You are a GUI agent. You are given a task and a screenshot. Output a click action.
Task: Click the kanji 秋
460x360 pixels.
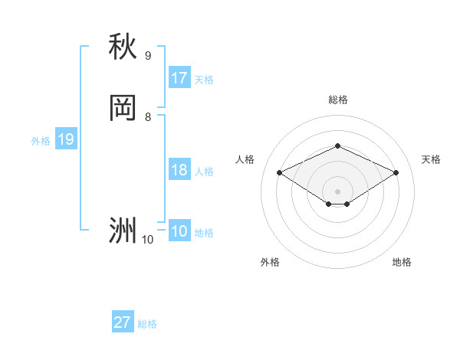click(x=123, y=47)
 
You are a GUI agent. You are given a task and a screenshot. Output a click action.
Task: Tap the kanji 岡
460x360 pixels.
click(x=123, y=108)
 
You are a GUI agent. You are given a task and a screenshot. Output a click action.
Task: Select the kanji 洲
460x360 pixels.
click(x=123, y=230)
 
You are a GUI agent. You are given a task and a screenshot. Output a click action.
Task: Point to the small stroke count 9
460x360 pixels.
click(x=148, y=56)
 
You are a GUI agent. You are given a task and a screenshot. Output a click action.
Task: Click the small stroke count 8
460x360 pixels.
click(x=148, y=117)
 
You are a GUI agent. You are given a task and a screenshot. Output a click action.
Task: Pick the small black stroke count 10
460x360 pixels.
click(x=148, y=240)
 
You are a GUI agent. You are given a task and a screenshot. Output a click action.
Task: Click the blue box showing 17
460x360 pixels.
click(x=179, y=78)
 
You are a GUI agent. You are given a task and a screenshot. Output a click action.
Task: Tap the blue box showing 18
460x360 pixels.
click(x=179, y=170)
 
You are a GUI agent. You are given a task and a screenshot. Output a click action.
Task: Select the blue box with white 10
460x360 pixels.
click(x=179, y=231)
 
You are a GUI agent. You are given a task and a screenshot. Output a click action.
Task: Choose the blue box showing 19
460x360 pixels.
click(x=66, y=139)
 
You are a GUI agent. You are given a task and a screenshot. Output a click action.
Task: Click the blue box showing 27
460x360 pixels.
click(x=123, y=322)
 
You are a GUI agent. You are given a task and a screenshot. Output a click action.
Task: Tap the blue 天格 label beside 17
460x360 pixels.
click(x=204, y=79)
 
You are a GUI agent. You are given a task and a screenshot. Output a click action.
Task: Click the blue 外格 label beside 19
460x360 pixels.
click(x=41, y=140)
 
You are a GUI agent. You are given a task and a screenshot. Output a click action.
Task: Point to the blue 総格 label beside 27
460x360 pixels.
click(x=147, y=323)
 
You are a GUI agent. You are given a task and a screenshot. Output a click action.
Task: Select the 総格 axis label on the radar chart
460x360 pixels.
click(x=337, y=100)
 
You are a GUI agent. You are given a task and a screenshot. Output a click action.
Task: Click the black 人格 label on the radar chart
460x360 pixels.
click(x=245, y=159)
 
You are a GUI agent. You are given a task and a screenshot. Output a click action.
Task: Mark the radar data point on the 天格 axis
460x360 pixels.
click(x=396, y=172)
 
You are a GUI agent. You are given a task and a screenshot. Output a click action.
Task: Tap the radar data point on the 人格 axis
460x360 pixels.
click(x=279, y=172)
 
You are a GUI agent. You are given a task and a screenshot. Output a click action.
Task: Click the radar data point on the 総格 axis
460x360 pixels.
click(x=337, y=146)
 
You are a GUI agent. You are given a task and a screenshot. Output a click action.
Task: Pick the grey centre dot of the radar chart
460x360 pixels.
click(x=337, y=191)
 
